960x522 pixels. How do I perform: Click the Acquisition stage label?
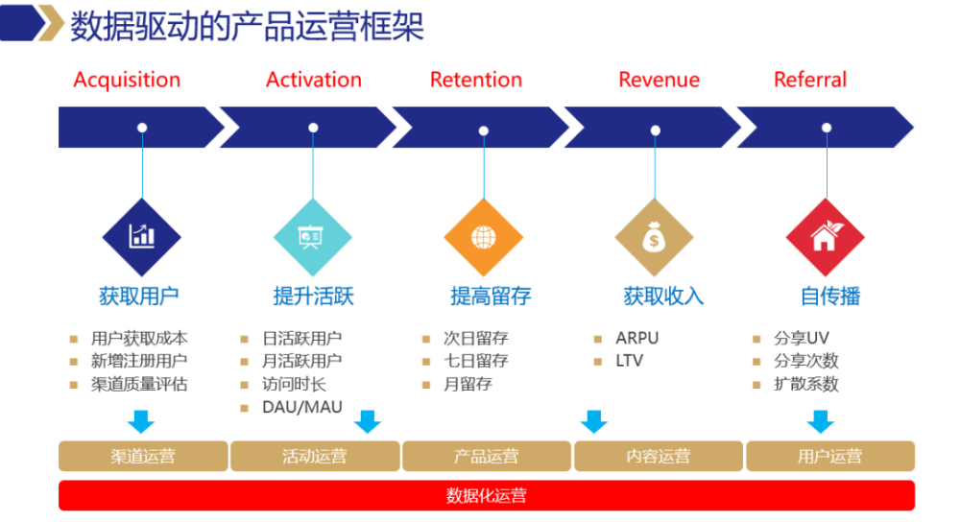(127, 80)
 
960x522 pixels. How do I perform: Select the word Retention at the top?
(476, 80)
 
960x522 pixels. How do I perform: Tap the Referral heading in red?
(810, 80)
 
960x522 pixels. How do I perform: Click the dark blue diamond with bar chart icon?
(142, 237)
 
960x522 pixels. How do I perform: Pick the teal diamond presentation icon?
(312, 237)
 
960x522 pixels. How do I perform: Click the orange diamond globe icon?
(483, 237)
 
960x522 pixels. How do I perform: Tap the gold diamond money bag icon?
(654, 237)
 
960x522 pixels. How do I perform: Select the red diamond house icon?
(825, 237)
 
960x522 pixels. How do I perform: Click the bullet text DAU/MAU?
(302, 407)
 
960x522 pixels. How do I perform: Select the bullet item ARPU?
(637, 338)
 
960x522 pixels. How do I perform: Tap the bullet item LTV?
(630, 361)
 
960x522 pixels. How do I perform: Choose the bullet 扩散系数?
(806, 384)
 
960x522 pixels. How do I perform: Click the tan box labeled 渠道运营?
(143, 456)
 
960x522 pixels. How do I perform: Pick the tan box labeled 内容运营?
(658, 456)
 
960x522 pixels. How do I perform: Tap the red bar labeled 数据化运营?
(487, 495)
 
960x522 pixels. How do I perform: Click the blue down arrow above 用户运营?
(819, 421)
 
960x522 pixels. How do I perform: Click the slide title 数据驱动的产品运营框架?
(248, 26)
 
